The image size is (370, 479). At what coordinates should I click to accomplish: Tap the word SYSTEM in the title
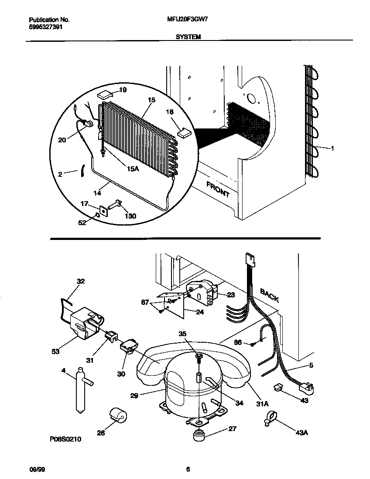tap(188, 37)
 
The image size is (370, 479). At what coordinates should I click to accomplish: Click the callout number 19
tap(123, 90)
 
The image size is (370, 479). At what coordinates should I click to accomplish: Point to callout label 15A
tap(133, 169)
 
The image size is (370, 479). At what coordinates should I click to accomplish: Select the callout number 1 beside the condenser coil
tap(332, 148)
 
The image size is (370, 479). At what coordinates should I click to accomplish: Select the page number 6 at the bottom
tap(188, 469)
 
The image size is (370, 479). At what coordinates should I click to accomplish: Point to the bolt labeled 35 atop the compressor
tap(199, 357)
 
